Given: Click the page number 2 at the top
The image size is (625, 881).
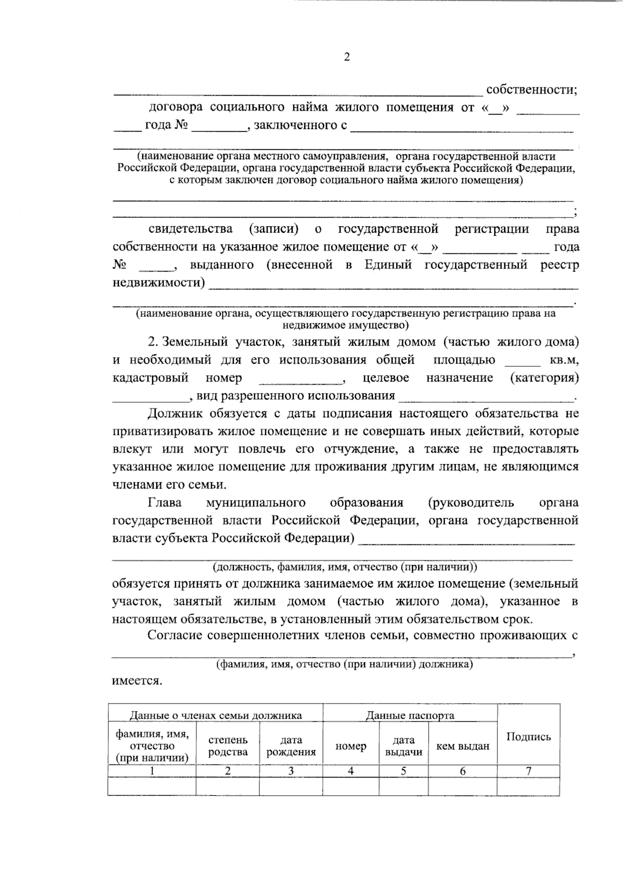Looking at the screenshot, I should pyautogui.click(x=347, y=57).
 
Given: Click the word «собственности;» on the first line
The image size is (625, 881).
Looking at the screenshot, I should pyautogui.click(x=532, y=90).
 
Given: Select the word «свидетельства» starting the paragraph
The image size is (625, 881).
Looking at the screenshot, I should pyautogui.click(x=191, y=229).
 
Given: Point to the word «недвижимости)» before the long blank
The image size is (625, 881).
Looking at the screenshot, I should pyautogui.click(x=159, y=283).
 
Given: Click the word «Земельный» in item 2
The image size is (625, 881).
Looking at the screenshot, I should pyautogui.click(x=195, y=342).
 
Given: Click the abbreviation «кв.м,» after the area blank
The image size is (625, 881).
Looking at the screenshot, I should pyautogui.click(x=564, y=360).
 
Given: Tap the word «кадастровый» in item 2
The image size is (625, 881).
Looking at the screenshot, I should pyautogui.click(x=150, y=378).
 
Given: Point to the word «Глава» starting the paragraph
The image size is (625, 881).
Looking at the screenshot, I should pyautogui.click(x=165, y=503).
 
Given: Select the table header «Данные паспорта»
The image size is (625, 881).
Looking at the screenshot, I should pyautogui.click(x=409, y=716).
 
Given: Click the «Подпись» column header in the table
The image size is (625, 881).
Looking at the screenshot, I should pyautogui.click(x=529, y=737).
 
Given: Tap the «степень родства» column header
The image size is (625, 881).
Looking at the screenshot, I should pyautogui.click(x=228, y=746).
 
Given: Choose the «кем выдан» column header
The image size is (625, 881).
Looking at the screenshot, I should pyautogui.click(x=463, y=747).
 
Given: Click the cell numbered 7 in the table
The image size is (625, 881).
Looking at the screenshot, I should pyautogui.click(x=529, y=771).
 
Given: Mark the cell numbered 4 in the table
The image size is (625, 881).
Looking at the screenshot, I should pyautogui.click(x=351, y=771).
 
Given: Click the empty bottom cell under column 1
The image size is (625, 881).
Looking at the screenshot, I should pyautogui.click(x=152, y=786).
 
